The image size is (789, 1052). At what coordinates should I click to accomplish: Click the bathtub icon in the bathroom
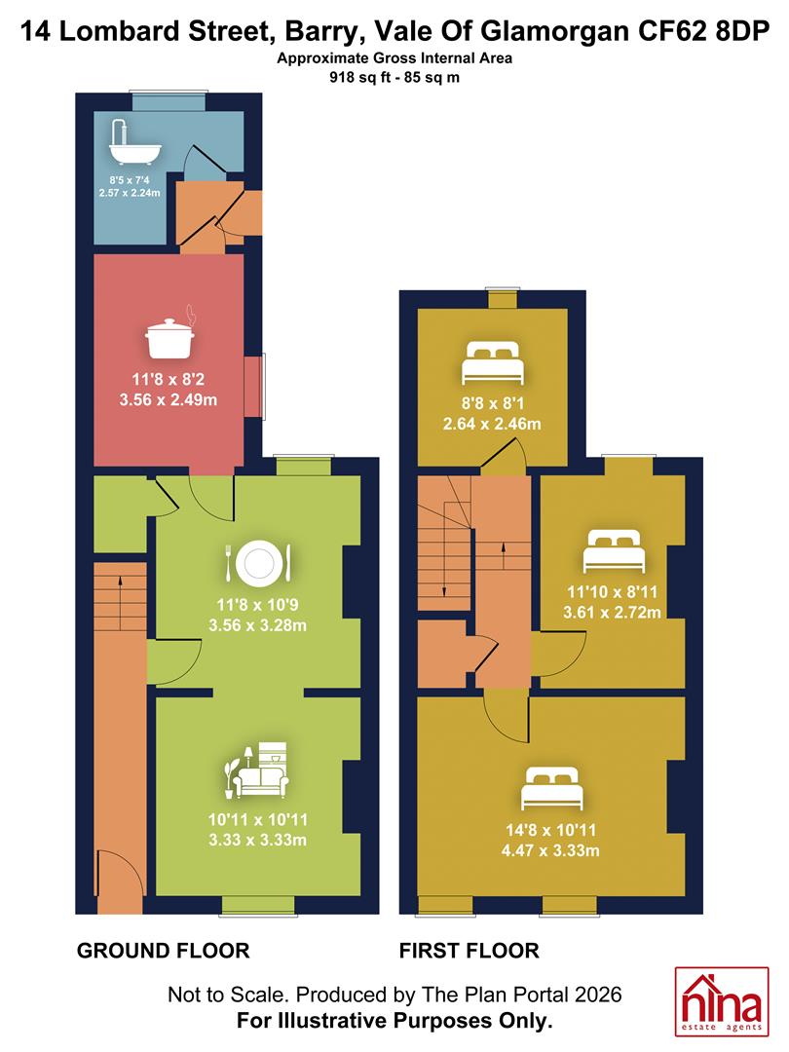(134, 143)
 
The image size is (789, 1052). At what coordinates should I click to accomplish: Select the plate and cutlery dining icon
(258, 562)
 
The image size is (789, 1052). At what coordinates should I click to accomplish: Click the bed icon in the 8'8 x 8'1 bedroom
(492, 362)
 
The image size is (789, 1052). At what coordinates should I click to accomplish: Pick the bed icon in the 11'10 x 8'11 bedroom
(614, 550)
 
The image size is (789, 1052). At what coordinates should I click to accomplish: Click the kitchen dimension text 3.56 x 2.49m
(169, 400)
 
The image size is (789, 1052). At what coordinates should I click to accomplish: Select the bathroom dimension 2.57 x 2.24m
(130, 193)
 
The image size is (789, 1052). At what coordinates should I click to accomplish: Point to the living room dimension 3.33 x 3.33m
(257, 840)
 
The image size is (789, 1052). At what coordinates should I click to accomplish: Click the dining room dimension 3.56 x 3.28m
(257, 625)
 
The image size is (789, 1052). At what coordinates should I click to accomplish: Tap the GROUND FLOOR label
(163, 951)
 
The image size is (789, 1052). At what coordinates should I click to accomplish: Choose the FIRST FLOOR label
(469, 951)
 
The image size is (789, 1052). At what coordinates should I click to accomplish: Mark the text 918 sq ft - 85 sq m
(394, 77)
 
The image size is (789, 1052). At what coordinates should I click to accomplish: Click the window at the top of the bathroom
(168, 100)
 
